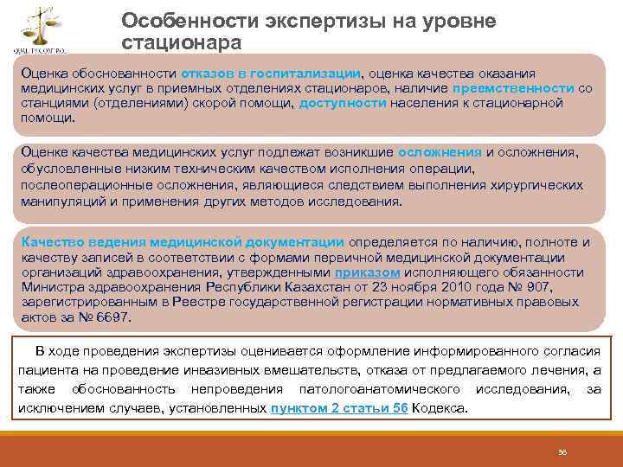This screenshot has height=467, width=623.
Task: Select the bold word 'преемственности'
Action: tap(518, 88)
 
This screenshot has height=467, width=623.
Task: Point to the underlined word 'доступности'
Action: tap(343, 104)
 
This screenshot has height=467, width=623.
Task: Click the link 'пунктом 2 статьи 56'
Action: tap(339, 408)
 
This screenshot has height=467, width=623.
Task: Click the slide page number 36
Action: tap(562, 451)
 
